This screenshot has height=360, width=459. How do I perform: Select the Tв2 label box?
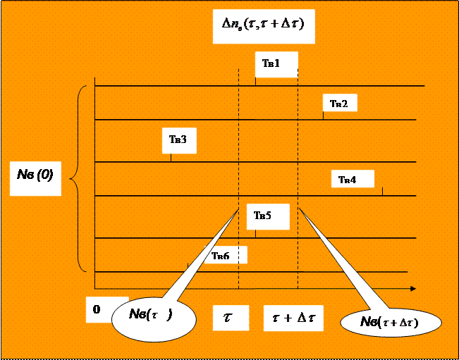(x=339, y=103)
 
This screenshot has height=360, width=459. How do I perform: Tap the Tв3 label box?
(x=178, y=140)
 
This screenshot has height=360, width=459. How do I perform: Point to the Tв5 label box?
(x=268, y=216)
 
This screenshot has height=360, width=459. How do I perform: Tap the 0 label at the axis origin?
(x=97, y=309)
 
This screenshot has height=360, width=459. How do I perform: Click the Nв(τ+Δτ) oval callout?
(x=390, y=323)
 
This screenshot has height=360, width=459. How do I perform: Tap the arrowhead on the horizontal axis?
(x=412, y=288)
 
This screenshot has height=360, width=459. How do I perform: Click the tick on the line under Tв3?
(x=171, y=158)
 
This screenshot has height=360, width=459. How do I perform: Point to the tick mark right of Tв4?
(x=382, y=191)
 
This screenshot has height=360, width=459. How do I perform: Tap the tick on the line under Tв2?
(x=323, y=116)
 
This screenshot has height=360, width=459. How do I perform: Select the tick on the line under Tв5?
(x=255, y=234)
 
